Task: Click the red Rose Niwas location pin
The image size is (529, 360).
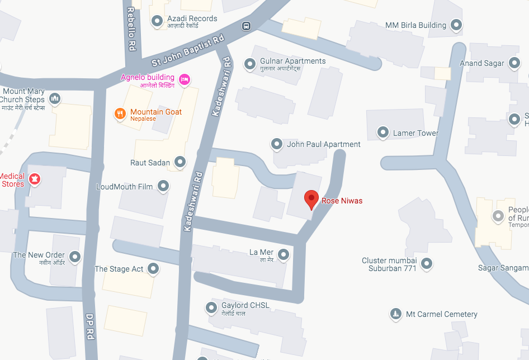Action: click(x=311, y=199)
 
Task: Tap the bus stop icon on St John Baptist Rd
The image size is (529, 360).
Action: click(x=246, y=26)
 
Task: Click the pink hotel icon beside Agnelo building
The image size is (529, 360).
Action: click(x=183, y=80)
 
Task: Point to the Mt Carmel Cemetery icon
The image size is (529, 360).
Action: click(x=396, y=314)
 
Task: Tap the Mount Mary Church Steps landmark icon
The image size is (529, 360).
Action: click(x=55, y=100)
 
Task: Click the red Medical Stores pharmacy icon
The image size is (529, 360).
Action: click(x=35, y=179)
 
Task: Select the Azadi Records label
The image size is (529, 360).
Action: click(x=192, y=19)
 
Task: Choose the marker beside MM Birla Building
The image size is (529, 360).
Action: click(x=457, y=25)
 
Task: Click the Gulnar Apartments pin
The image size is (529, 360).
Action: click(x=250, y=65)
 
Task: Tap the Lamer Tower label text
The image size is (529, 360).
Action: click(x=415, y=133)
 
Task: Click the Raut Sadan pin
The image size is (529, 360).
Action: click(x=180, y=163)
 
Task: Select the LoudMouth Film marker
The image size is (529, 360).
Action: click(x=163, y=187)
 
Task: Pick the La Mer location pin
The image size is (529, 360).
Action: click(x=284, y=255)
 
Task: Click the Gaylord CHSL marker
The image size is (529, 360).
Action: click(x=211, y=307)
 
